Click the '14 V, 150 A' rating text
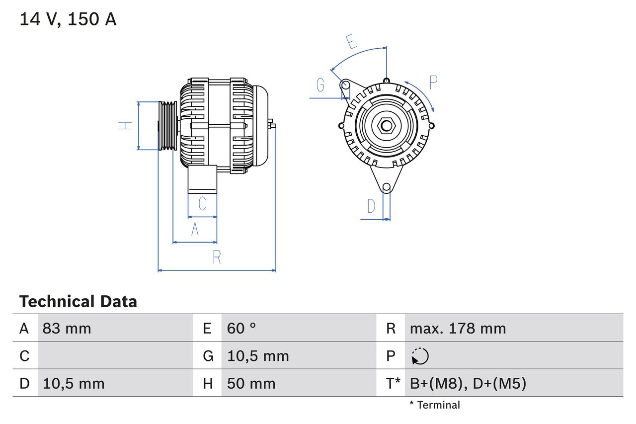click(68, 19)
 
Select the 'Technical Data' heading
click(78, 302)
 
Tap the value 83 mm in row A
click(67, 328)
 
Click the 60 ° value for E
click(241, 328)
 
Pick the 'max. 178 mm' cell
click(458, 328)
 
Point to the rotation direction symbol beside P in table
click(420, 356)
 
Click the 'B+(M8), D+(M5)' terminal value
click(468, 383)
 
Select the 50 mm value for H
click(251, 383)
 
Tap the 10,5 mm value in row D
click(74, 383)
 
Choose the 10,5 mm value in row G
click(258, 356)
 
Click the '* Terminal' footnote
click(435, 405)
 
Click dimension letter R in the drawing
click(217, 257)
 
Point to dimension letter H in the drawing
click(126, 126)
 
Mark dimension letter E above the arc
click(352, 42)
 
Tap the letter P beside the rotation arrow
click(433, 83)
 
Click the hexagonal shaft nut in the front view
click(386, 126)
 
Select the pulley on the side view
click(167, 126)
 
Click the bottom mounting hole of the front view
click(387, 187)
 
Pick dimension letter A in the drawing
click(195, 230)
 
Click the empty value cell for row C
click(115, 356)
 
